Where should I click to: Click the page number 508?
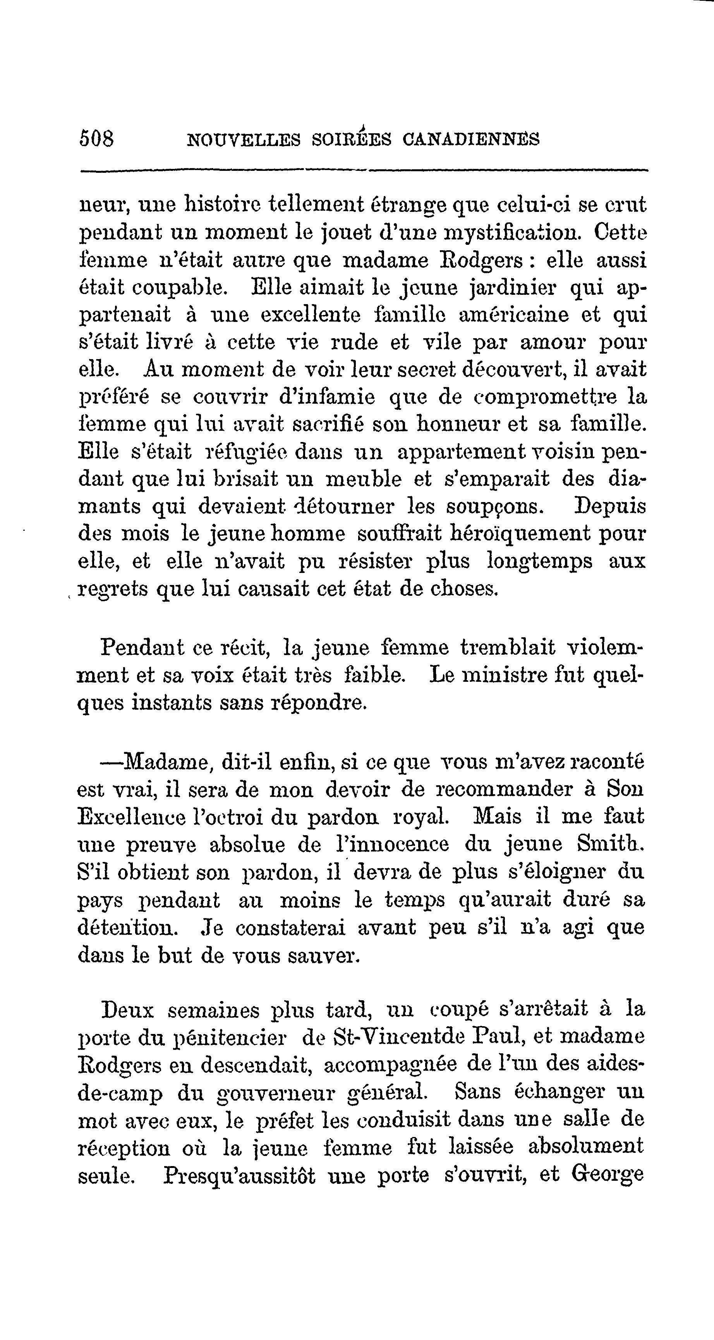[x=97, y=139]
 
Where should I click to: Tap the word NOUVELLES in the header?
[x=244, y=140]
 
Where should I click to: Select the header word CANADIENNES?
[x=470, y=139]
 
